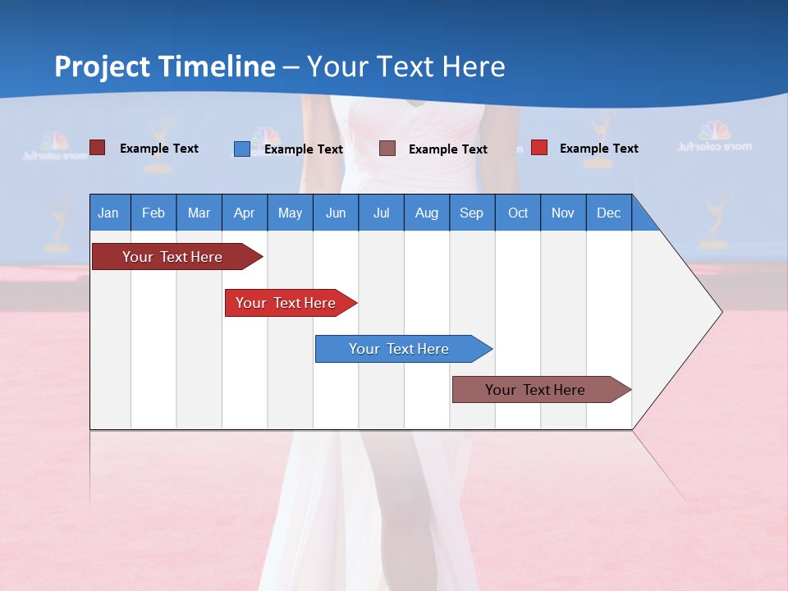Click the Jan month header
(109, 213)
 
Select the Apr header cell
(245, 213)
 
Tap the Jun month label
(336, 213)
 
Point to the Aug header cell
(427, 213)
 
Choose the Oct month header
(518, 213)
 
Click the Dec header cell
(609, 213)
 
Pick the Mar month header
(199, 213)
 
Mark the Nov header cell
(563, 213)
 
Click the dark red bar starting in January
(173, 257)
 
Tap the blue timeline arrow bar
(400, 349)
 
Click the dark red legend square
(97, 148)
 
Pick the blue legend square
(241, 149)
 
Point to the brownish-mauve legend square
(387, 148)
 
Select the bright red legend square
(538, 148)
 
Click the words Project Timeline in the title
(165, 66)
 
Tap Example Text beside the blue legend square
(304, 149)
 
